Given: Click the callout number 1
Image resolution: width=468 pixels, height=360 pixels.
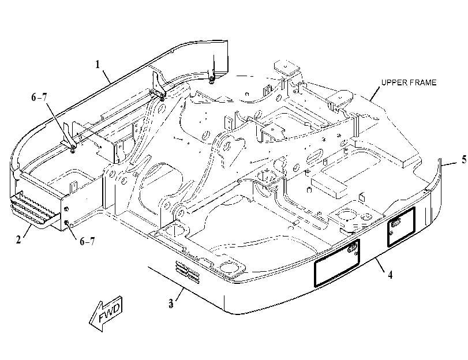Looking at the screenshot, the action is (98, 64).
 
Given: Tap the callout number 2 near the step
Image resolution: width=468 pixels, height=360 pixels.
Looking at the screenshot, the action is (18, 239).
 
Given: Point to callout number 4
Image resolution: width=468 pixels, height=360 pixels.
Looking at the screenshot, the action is (390, 275).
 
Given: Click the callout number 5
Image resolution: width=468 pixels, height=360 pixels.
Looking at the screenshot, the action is (464, 159).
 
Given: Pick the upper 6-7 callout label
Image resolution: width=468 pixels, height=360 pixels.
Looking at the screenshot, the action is (39, 97).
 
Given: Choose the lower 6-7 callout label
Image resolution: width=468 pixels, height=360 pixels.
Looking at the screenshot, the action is (87, 241).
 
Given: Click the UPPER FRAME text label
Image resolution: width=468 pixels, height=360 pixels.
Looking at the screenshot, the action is (409, 82).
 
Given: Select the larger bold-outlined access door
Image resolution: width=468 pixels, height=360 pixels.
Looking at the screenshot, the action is (336, 263).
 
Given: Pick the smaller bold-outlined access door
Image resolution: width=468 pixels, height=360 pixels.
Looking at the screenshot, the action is (401, 227).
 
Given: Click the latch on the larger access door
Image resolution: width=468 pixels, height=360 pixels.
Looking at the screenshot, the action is (353, 247).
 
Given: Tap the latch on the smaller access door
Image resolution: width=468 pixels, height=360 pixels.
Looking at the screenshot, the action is (395, 223).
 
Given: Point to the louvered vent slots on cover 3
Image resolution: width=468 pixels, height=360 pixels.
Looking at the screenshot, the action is (188, 272).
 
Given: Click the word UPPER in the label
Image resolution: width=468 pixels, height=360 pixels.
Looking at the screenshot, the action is (394, 82).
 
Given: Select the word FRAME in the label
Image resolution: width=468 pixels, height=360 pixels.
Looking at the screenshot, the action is (422, 82).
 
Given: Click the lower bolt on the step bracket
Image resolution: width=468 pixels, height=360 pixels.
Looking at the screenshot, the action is (67, 222).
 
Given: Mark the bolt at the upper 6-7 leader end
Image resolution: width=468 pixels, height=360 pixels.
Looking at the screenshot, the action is (73, 148).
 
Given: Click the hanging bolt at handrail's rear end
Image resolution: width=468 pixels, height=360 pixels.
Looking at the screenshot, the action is (211, 79).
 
